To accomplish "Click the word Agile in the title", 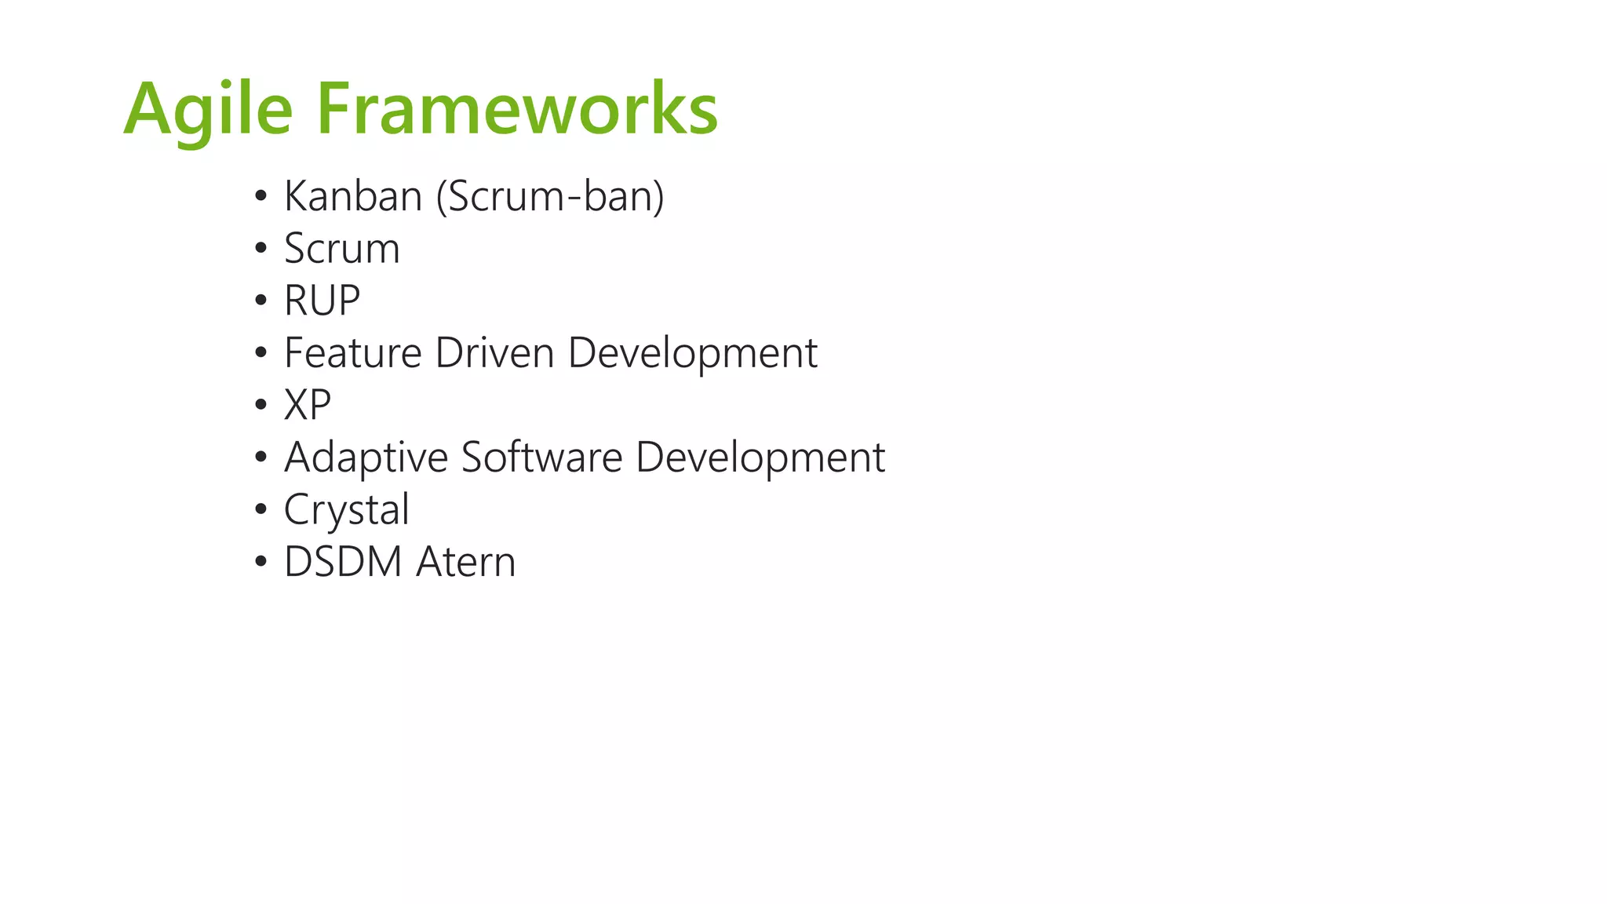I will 208,110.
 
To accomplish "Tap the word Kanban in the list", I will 353,196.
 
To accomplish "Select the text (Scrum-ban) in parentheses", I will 550,196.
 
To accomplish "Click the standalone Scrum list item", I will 342,249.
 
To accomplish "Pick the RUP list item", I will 322,301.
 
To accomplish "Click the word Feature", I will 353,353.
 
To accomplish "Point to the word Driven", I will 495,353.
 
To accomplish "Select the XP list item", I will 308,406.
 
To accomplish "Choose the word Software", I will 541,457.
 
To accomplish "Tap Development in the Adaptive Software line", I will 760,458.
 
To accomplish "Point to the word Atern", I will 466,562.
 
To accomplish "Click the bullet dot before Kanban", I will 261,197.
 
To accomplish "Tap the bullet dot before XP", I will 261,406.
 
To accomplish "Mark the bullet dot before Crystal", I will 261,510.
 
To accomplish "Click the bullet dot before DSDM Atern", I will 261,563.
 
